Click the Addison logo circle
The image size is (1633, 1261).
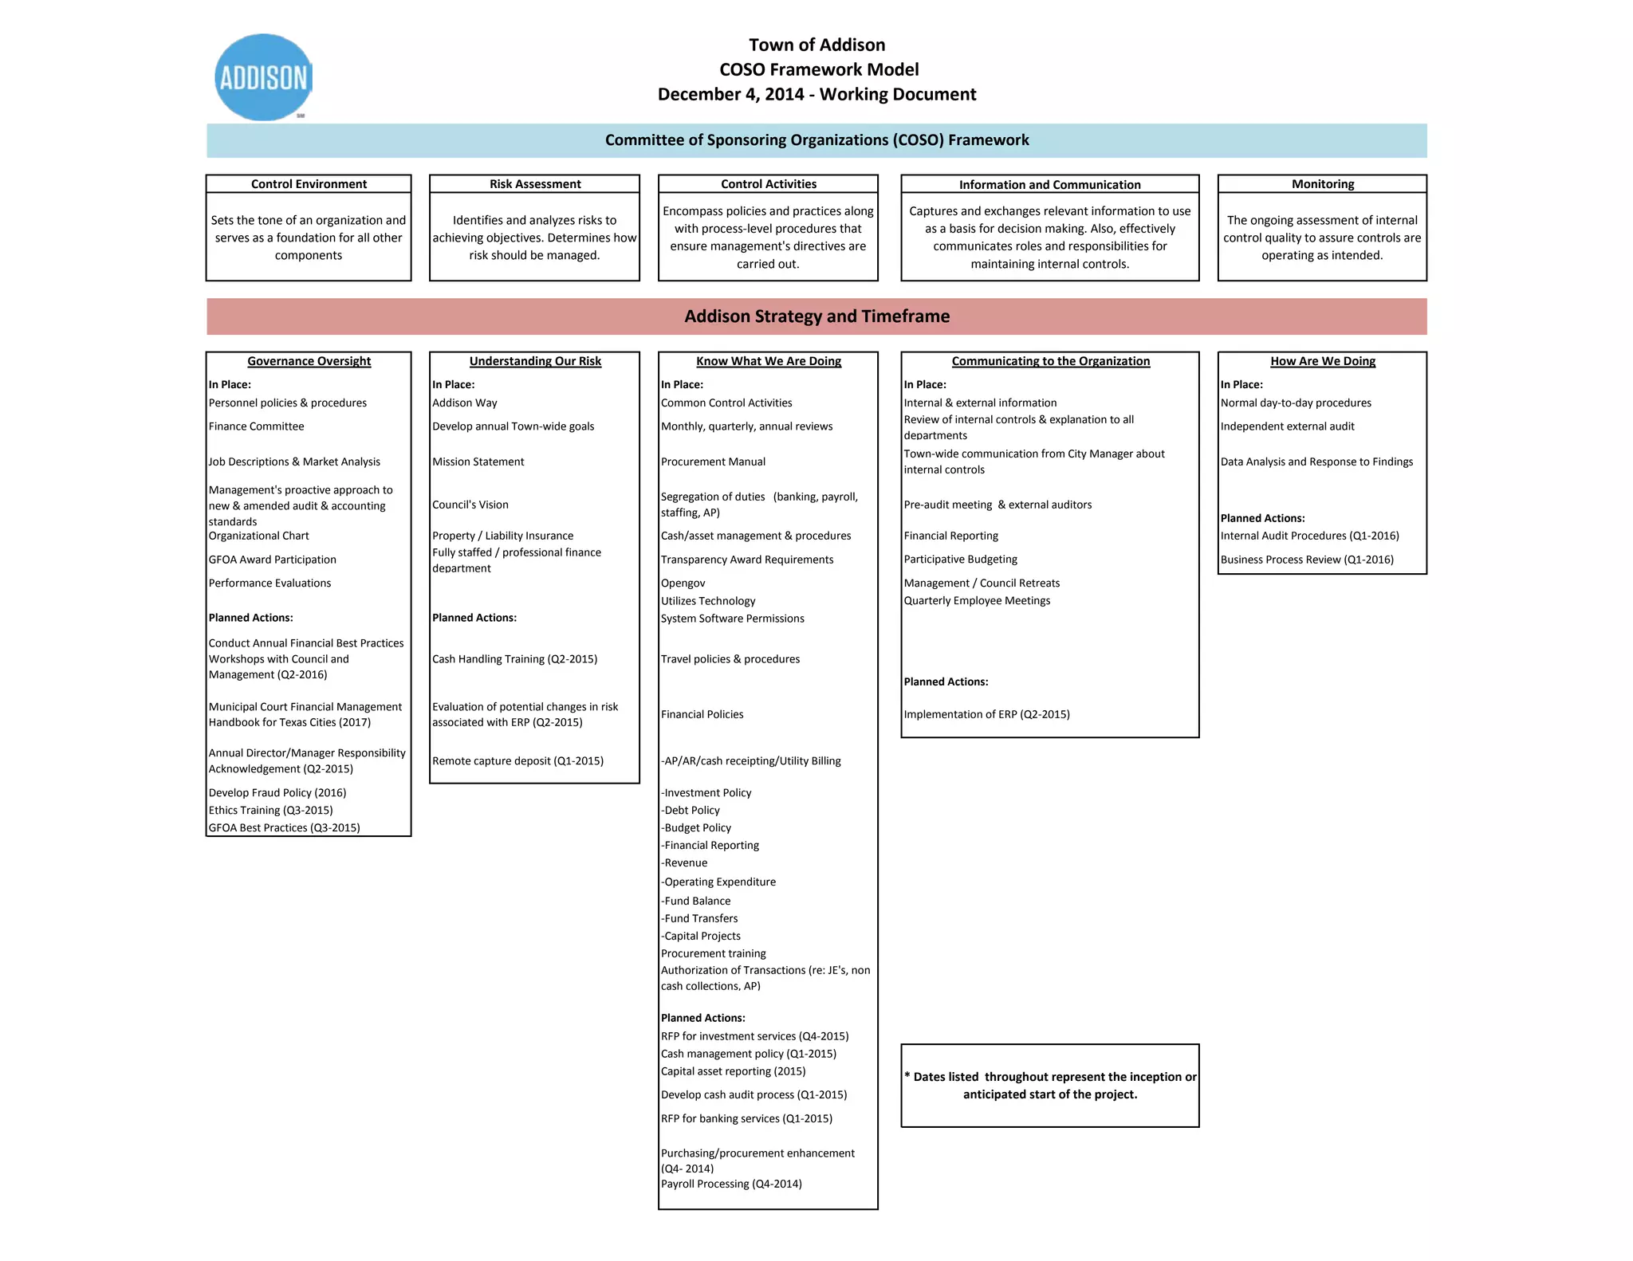263,77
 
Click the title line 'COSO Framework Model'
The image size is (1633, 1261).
818,69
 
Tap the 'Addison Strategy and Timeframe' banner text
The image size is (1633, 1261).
816,316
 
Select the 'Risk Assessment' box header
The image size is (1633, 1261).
534,184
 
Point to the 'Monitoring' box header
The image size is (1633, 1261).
1322,184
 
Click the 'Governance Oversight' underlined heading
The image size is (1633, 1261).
309,361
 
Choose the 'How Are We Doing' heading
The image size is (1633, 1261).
1322,361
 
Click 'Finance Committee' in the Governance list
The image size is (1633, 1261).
256,426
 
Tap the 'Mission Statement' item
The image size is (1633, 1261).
478,462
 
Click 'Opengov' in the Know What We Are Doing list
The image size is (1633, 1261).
683,583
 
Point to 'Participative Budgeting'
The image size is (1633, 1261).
960,560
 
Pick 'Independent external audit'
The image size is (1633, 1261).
1287,426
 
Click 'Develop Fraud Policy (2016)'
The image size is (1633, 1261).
277,793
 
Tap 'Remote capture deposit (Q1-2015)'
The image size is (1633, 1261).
517,761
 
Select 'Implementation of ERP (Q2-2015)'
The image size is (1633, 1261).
986,714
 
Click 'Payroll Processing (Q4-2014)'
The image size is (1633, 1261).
730,1184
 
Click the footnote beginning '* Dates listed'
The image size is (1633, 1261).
1049,1086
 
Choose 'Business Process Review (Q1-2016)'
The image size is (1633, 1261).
1306,560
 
